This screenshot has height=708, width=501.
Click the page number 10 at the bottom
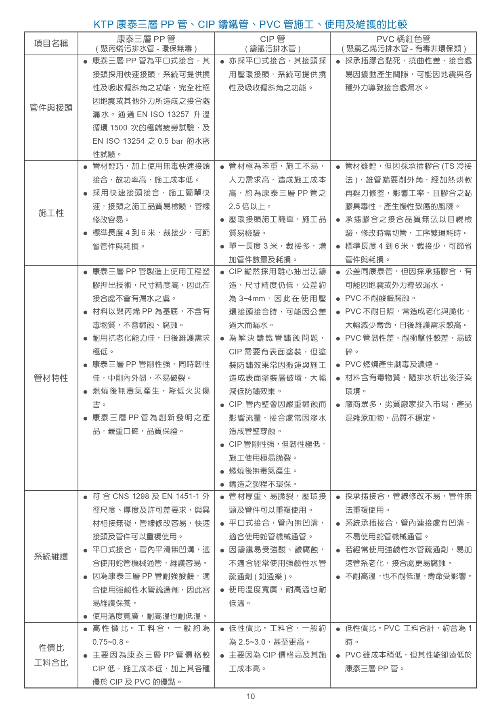point(250,696)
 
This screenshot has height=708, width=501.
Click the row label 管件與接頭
point(51,108)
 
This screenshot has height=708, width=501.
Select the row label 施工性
point(51,213)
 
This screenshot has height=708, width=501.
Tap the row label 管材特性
point(51,378)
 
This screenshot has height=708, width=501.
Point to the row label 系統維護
point(51,557)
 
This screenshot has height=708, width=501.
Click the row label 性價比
point(51,648)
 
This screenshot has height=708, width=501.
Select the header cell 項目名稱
point(51,44)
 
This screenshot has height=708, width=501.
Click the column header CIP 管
point(273,39)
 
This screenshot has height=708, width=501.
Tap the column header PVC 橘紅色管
point(403,39)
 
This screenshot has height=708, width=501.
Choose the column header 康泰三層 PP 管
point(146,39)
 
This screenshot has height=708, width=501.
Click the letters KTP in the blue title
point(103,25)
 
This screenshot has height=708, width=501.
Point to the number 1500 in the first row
point(119,128)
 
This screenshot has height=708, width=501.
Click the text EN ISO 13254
point(119,141)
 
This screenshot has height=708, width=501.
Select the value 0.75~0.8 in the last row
point(108,642)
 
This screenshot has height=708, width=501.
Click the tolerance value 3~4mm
point(252,299)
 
